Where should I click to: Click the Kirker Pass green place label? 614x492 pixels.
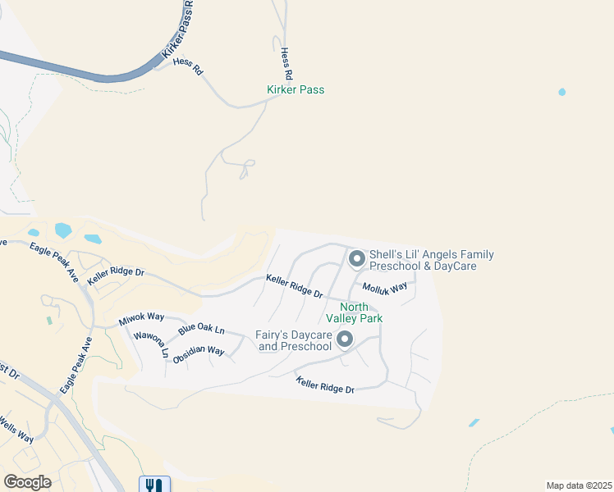point(296,89)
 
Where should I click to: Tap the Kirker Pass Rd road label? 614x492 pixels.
point(177,33)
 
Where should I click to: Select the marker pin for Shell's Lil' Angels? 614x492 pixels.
point(356,259)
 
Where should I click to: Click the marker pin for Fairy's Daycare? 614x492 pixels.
point(345,339)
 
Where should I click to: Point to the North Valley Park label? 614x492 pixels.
point(354,312)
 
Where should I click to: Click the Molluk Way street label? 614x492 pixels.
point(385,288)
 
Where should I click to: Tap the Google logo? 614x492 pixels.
point(27,482)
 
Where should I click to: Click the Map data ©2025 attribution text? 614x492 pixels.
point(579,485)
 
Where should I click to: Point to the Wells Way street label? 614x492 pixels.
point(16,429)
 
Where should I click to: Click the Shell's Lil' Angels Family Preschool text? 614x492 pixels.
point(432,261)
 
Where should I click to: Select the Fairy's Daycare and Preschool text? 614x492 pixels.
point(295,340)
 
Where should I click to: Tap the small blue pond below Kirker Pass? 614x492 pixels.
point(561,92)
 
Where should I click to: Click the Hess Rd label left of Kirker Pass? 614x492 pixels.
point(187,66)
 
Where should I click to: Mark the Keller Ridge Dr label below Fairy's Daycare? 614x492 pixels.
point(325,384)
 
